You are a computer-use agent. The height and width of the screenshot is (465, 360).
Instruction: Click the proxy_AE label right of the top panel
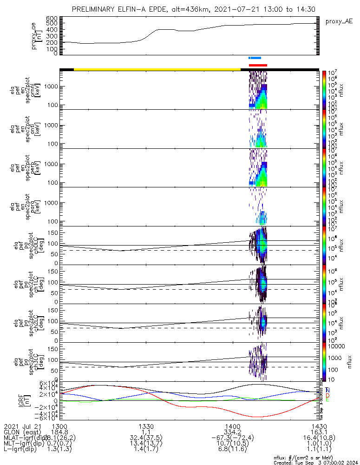(339, 21)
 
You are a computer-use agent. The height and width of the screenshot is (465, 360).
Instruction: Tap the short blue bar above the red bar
(255, 58)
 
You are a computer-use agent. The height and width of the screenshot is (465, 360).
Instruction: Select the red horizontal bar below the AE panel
(258, 65)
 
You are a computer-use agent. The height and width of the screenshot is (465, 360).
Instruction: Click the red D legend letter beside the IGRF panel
(328, 395)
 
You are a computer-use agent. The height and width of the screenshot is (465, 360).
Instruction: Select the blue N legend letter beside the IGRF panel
(328, 390)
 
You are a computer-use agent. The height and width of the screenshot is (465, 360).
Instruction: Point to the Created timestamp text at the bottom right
(313, 462)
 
